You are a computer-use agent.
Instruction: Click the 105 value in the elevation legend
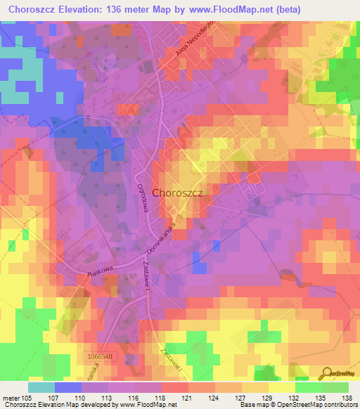coord(27,397)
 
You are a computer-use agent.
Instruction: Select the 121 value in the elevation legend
coord(186,397)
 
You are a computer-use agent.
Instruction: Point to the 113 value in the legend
coord(106,397)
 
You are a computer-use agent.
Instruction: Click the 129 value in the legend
coord(265,397)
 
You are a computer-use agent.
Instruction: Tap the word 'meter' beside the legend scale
coord(10,397)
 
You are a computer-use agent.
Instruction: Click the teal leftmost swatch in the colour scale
coord(41,387)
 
